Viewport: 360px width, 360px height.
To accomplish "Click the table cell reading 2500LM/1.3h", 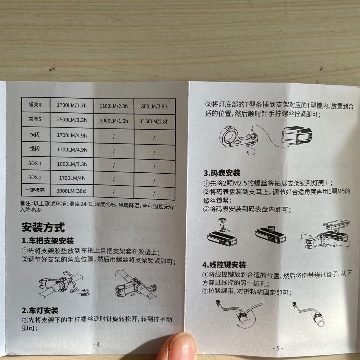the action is (x=72, y=120).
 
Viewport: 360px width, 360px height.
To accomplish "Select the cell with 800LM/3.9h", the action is (x=154, y=106).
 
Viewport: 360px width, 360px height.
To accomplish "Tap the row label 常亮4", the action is (x=35, y=105).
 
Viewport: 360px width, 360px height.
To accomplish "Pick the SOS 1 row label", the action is (x=35, y=163).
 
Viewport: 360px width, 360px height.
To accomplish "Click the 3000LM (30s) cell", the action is (x=71, y=191).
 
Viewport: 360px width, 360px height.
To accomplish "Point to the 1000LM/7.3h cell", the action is (x=72, y=164).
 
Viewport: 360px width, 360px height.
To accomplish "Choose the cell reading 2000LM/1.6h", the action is (x=114, y=121).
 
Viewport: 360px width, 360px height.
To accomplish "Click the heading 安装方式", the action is (x=43, y=227).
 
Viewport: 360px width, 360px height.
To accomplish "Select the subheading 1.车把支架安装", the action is (x=48, y=241).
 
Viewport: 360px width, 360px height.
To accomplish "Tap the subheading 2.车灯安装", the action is (x=40, y=310).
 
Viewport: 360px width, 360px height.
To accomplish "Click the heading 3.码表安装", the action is (x=222, y=173).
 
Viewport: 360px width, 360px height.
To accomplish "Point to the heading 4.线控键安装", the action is (x=224, y=265).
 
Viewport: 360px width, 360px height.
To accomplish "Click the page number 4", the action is (x=98, y=344).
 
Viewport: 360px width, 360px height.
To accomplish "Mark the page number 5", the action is (x=278, y=348).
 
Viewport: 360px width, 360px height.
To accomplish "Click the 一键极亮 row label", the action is (x=35, y=190).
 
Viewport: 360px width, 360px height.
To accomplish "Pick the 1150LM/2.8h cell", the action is (x=154, y=121).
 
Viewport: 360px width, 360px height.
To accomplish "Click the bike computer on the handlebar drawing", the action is (x=336, y=224).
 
